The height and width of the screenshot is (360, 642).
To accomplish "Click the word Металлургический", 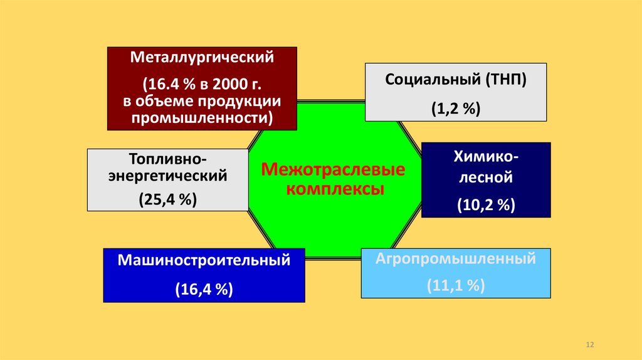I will point(203,58).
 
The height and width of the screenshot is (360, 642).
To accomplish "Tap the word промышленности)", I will point(203,117).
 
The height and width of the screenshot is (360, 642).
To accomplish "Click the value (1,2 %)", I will point(456,108).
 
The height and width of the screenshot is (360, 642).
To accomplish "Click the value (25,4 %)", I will point(168,200).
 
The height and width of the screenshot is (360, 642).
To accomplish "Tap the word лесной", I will point(486,177).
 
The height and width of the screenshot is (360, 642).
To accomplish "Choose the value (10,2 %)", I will point(486,204).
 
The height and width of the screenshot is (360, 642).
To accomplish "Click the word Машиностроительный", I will point(204,260).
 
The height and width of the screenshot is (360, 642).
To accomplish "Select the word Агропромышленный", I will point(456,258).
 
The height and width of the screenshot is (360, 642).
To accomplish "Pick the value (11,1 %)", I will point(456,286).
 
